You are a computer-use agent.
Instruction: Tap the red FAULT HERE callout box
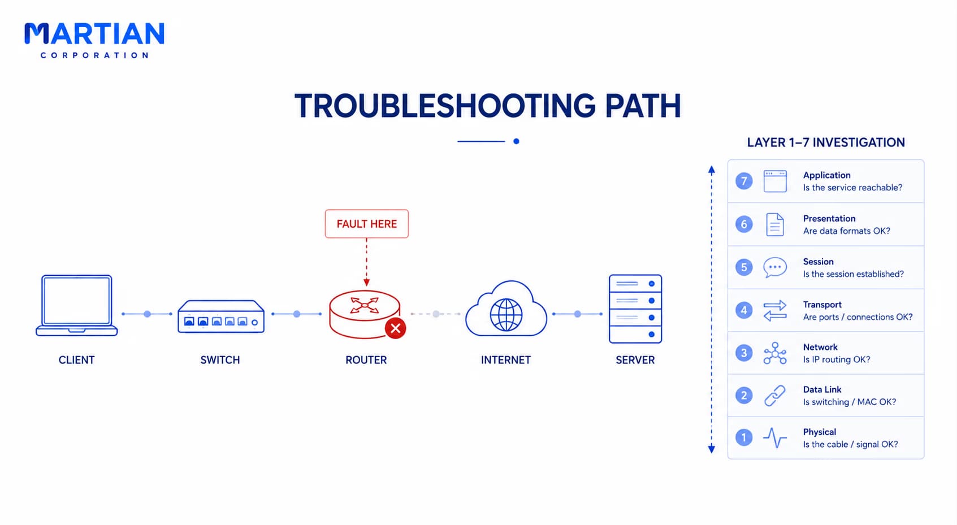pos(366,224)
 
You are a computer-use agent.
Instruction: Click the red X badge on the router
pos(395,328)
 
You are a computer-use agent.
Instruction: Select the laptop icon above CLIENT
pos(76,305)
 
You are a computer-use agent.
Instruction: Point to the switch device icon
pos(221,316)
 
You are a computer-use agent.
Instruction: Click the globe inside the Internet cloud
pos(506,315)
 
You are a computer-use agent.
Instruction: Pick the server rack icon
pos(635,309)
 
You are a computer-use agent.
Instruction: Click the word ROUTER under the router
pos(366,360)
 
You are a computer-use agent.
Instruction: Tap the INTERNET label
pos(506,360)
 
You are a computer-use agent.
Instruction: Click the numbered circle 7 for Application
pos(744,181)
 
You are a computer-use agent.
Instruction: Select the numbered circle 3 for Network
pos(744,353)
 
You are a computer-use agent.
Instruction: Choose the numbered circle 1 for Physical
pos(744,438)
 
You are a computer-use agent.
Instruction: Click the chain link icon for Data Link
pos(774,396)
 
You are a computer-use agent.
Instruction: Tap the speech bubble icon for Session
pos(775,267)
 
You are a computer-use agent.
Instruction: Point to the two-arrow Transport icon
pos(775,311)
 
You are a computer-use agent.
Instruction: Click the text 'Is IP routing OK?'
pos(837,359)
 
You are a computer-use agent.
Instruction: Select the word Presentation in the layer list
pos(829,219)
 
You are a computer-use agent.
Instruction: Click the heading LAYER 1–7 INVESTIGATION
pos(826,142)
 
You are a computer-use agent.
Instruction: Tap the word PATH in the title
pos(643,106)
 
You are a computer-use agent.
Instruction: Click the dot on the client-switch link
pos(148,314)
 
